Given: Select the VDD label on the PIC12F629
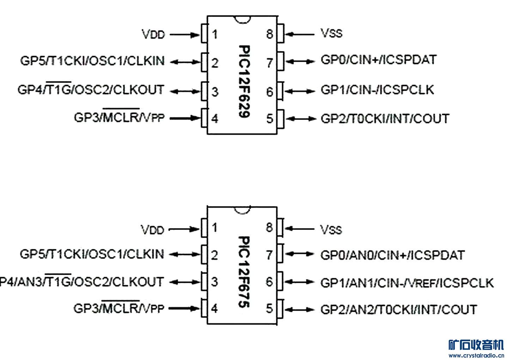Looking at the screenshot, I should tap(153, 35).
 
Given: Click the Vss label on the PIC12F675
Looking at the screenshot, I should tap(331, 230).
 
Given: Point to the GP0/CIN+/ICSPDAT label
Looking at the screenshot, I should tap(378, 60).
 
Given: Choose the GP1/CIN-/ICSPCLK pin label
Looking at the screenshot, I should tap(377, 90).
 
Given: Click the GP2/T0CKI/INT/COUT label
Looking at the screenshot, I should tap(385, 118).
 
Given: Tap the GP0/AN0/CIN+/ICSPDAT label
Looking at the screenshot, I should tap(392, 255).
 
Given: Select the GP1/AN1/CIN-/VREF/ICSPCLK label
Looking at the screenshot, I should tap(407, 282).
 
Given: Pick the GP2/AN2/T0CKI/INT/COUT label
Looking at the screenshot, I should tap(398, 310).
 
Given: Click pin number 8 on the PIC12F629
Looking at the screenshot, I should tap(270, 34).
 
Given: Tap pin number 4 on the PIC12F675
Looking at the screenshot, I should tap(214, 309).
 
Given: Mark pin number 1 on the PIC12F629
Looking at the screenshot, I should tap(214, 35).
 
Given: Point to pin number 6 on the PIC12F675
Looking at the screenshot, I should tap(269, 282).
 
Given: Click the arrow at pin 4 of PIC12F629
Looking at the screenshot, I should tap(185, 118).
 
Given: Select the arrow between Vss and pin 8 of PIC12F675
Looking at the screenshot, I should tap(299, 229).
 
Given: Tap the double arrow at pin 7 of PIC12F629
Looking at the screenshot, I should tap(300, 61).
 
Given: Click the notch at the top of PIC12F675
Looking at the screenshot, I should tap(242, 210).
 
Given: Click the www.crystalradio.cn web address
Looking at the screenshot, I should tap(476, 355).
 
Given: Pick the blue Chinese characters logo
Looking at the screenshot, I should tap(476, 344).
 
